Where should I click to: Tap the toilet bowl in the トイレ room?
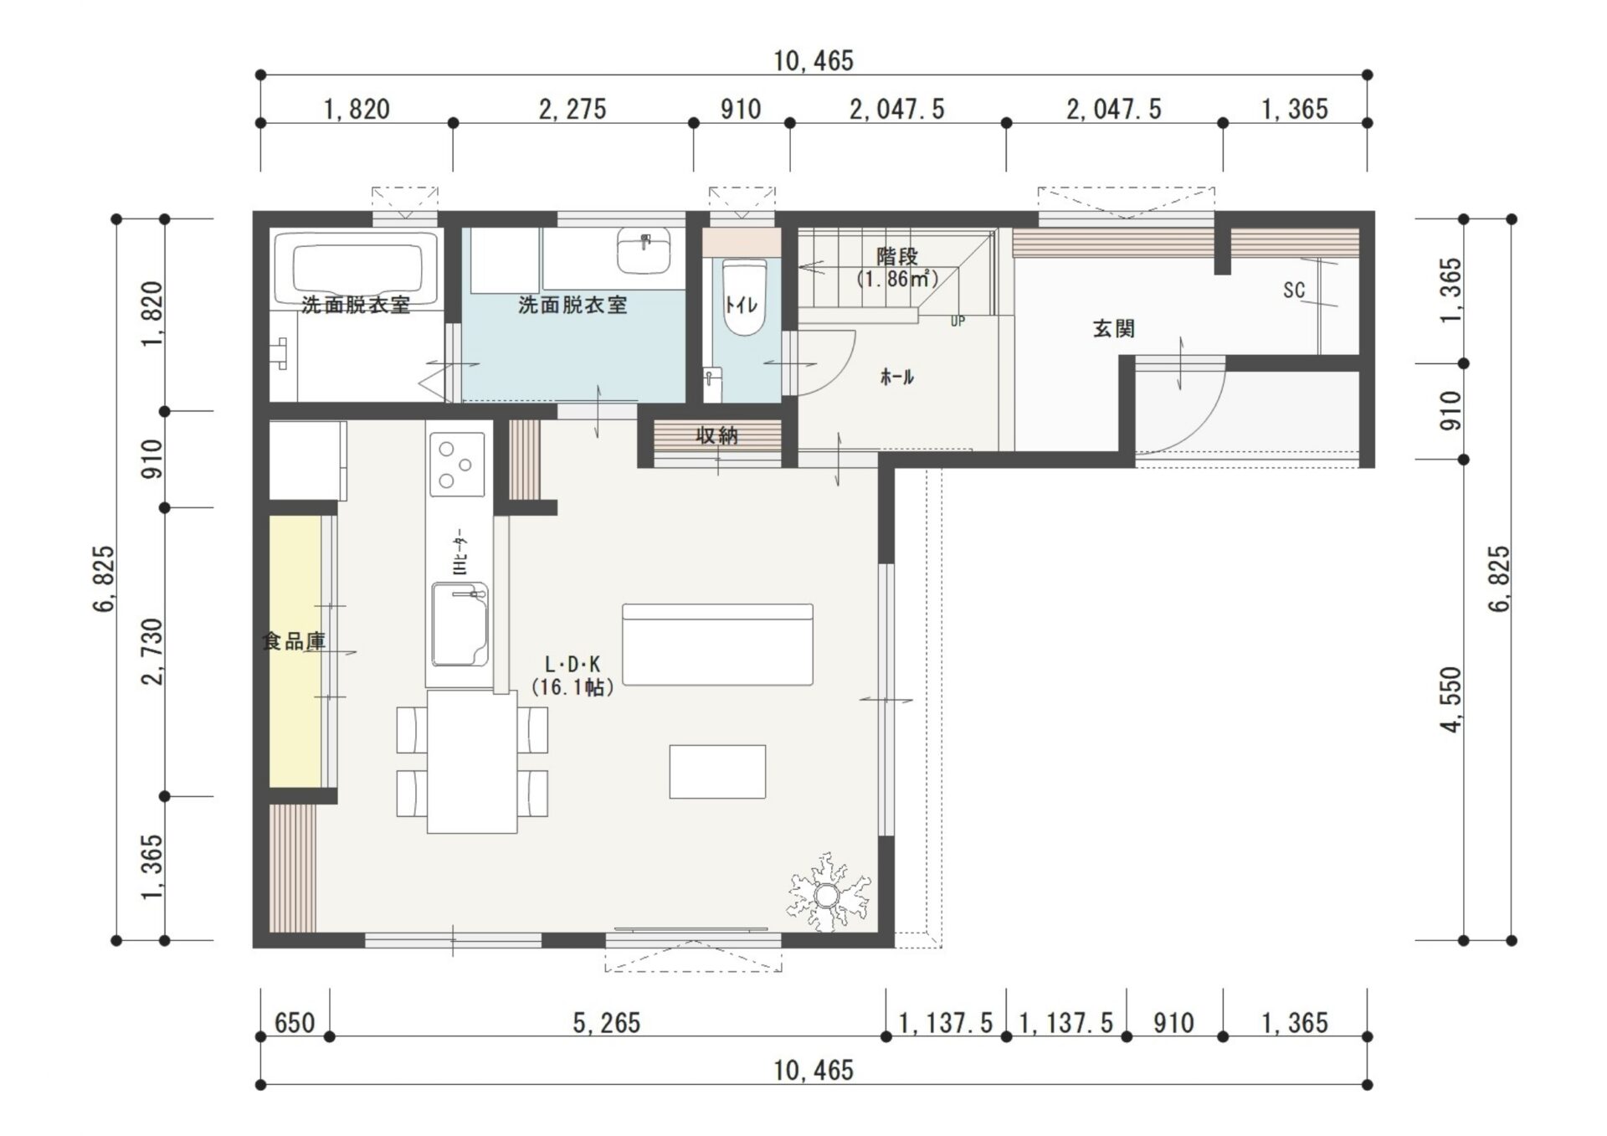coord(743,298)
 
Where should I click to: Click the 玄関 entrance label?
coord(1113,329)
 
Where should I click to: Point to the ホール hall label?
coord(896,378)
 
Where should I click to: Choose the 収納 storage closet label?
coord(716,435)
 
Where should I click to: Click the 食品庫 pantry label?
coord(294,642)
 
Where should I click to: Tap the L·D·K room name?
coord(572,665)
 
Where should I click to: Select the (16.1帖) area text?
coord(573,688)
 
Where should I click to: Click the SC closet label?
coord(1294,290)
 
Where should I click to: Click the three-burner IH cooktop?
coord(456,463)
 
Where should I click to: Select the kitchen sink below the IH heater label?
coord(460,625)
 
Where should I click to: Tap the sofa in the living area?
coord(717,645)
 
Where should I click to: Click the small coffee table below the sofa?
coord(717,771)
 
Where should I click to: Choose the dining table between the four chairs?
coord(472,762)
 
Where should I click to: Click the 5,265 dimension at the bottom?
coord(607,1023)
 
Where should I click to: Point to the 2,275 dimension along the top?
coord(572,109)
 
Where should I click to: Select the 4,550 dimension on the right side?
coord(1452,700)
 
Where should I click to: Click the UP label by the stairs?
coord(958,321)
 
